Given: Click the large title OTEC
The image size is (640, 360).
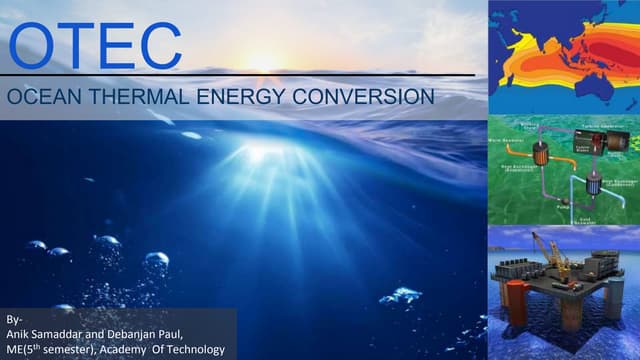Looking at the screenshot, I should [x=96, y=45].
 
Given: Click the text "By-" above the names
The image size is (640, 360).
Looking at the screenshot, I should [x=13, y=318].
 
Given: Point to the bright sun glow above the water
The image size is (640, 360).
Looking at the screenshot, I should [x=262, y=62].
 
